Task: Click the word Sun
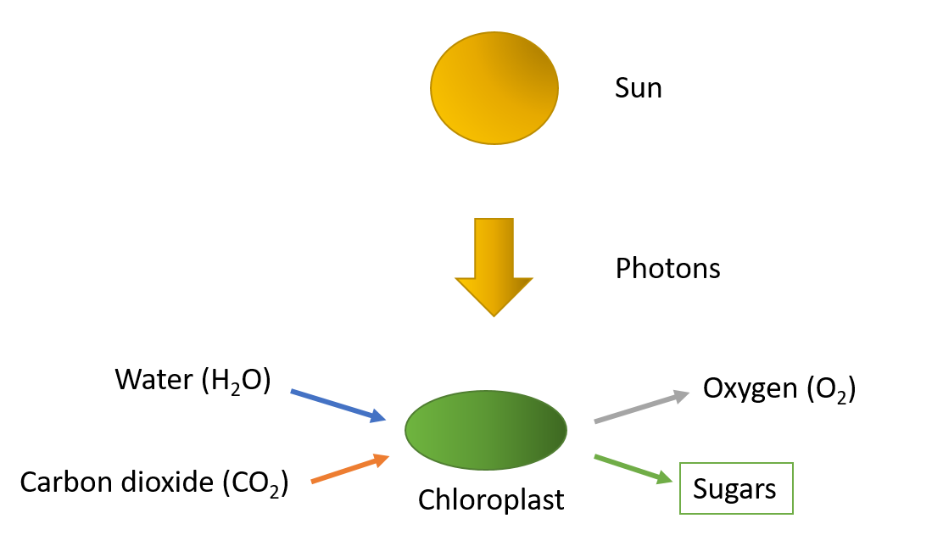pos(638,88)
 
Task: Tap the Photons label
pos(667,268)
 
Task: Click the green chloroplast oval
pos(486,428)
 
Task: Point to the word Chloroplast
pos(491,499)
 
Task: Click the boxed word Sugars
pos(734,488)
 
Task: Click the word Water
pos(153,380)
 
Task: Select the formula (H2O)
pos(236,382)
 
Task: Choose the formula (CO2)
pos(255,483)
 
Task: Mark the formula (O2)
pos(832,390)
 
